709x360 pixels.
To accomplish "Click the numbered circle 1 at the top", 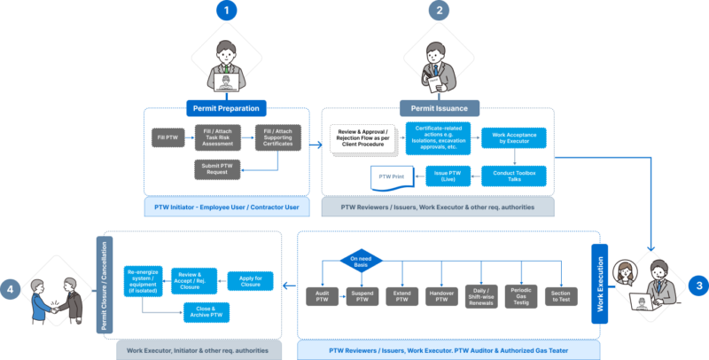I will (226, 12).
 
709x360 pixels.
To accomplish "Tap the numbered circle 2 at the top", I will (436, 12).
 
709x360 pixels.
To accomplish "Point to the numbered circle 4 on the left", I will (11, 288).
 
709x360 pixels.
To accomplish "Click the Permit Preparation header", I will (226, 108).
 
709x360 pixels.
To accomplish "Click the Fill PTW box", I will (168, 137).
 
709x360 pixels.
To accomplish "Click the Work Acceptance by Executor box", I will (513, 138).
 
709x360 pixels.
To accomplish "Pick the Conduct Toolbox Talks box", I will (513, 173).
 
